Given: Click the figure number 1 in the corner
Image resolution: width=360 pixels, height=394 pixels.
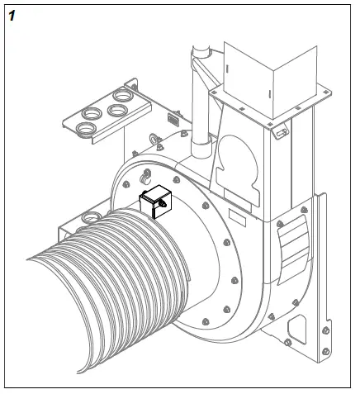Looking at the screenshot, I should [11, 13].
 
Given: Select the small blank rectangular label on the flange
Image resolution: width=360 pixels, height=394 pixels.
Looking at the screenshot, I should [234, 217].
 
